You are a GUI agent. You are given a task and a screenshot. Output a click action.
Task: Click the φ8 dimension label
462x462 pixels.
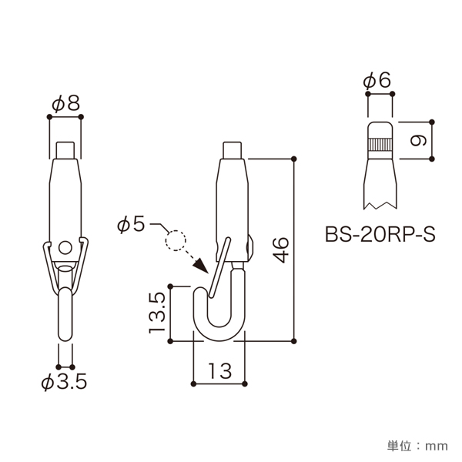[x=65, y=103]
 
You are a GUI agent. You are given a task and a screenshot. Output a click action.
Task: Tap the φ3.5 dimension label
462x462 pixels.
[x=64, y=382]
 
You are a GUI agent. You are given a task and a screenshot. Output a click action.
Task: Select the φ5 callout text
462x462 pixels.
[x=131, y=224]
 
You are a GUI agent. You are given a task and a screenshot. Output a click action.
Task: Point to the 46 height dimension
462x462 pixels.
[x=280, y=249]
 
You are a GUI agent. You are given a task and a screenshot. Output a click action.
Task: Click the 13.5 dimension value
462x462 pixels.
[x=157, y=313]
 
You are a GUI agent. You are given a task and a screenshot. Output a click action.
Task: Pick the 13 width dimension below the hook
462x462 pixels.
[x=219, y=370]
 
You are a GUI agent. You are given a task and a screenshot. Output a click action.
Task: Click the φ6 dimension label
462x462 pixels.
[x=377, y=80]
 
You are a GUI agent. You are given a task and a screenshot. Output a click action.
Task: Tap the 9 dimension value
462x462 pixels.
[x=418, y=141]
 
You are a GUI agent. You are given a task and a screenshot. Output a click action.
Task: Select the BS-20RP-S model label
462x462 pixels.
[x=380, y=235]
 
